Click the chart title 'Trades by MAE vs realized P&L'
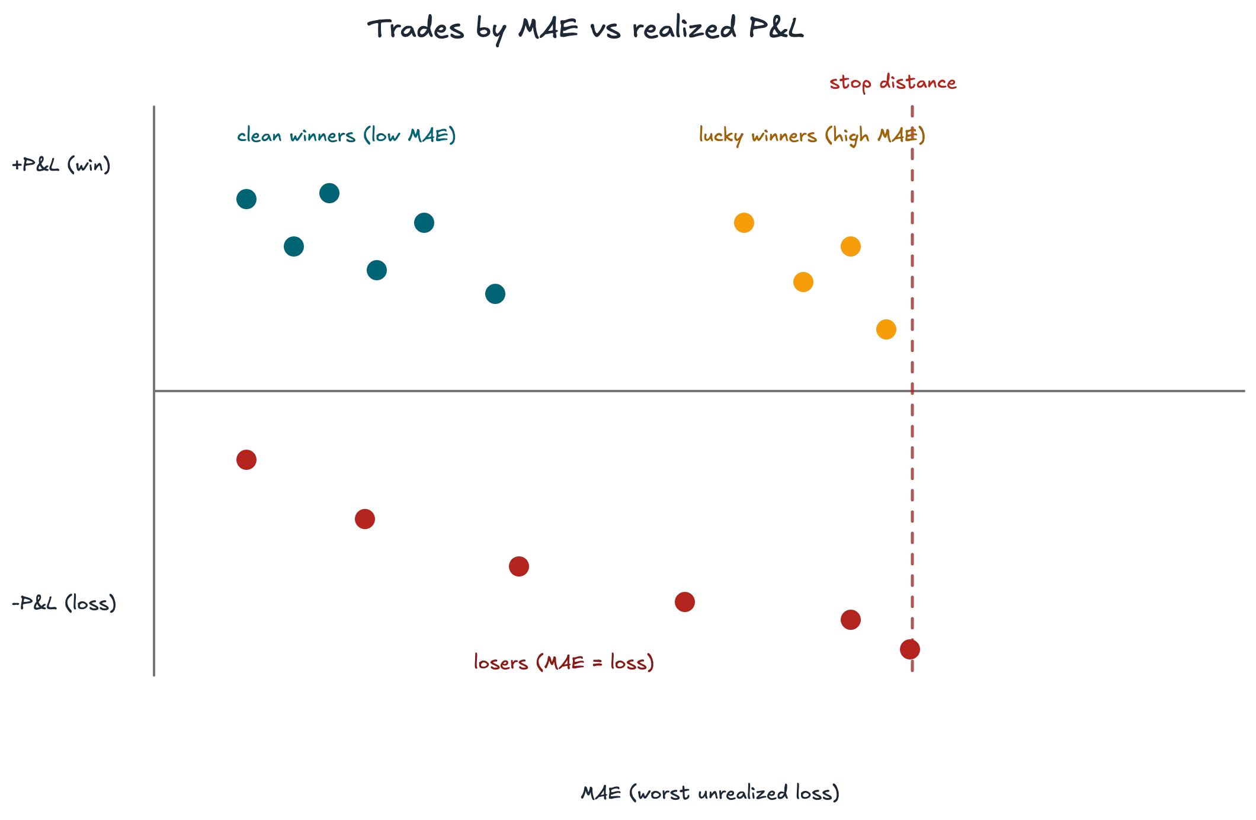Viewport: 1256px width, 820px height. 585,28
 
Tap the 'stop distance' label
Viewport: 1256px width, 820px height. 893,82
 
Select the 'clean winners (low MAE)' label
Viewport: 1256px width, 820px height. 347,136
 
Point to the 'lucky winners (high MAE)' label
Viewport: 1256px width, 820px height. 812,136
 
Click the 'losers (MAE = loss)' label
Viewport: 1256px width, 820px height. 564,662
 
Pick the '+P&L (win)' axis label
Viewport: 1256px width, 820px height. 62,165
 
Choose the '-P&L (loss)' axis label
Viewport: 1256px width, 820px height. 64,603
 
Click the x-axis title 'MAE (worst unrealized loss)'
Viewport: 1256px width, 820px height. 710,793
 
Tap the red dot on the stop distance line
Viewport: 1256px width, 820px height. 910,649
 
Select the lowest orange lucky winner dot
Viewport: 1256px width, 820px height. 886,329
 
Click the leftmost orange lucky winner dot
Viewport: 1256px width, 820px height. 744,223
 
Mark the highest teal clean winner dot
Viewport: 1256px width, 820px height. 329,193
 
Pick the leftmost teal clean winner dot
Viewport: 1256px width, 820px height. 246,199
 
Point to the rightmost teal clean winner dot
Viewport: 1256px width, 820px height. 495,294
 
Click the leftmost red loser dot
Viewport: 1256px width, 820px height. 246,460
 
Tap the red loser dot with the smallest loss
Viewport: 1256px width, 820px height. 246,460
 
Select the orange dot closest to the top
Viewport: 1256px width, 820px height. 744,223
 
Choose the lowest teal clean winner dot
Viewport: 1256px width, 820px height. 495,294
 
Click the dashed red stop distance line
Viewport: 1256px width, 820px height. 912,389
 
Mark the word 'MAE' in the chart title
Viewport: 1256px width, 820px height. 548,28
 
